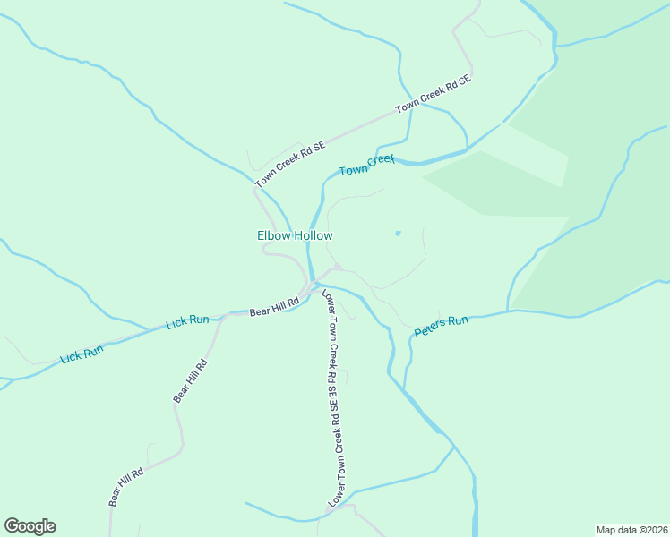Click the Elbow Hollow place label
tap(295, 236)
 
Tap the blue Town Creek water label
tap(367, 165)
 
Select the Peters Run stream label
tap(441, 327)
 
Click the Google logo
tap(30, 526)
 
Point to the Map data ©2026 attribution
tap(631, 529)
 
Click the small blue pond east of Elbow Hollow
tap(397, 234)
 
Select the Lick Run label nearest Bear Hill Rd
tap(187, 320)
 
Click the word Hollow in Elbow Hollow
tap(313, 236)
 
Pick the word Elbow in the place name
tap(272, 236)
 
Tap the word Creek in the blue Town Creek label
tap(381, 161)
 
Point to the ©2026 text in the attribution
tap(649, 529)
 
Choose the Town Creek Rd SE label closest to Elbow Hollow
tap(290, 163)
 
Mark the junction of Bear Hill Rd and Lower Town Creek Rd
tap(313, 288)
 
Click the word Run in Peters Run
tap(458, 320)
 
